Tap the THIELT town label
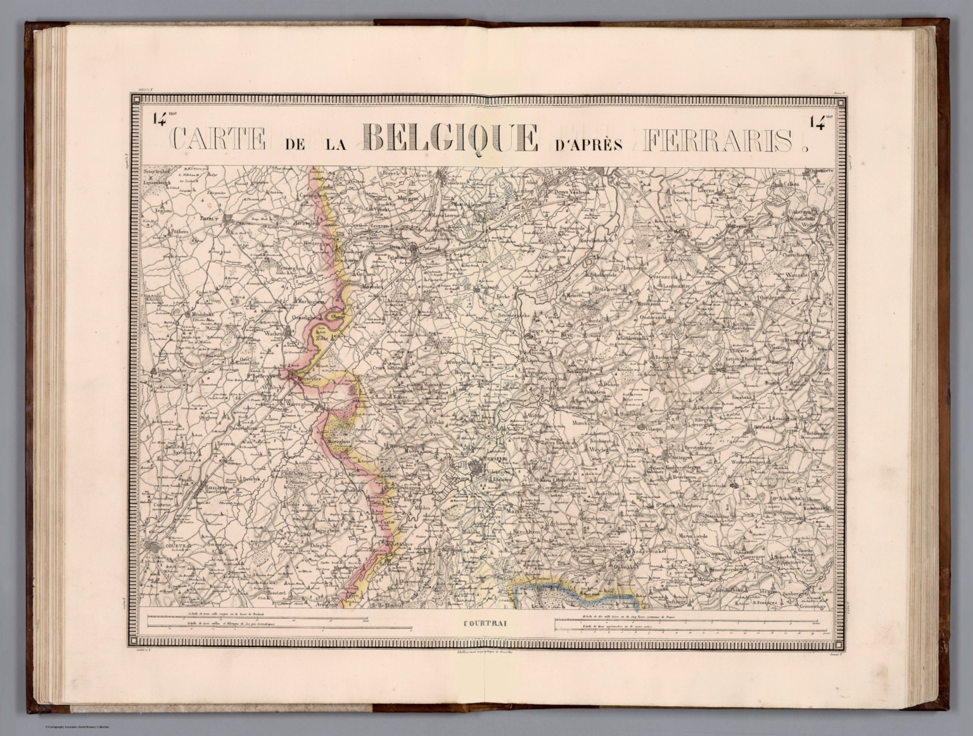click(x=208, y=219)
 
